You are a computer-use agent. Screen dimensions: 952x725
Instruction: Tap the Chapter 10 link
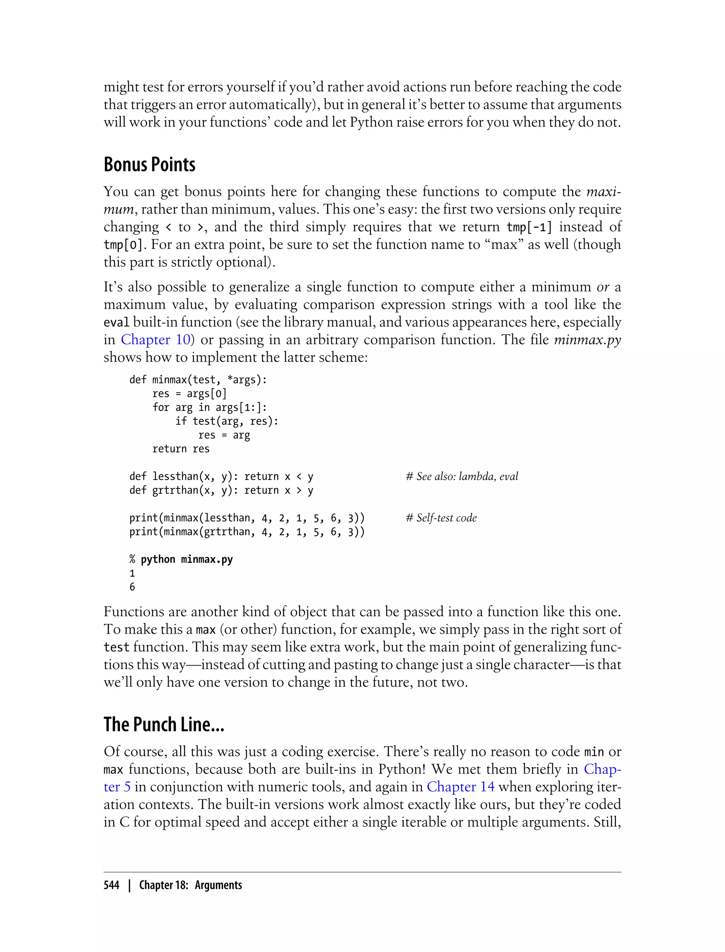[155, 340]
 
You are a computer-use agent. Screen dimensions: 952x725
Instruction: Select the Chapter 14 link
[461, 787]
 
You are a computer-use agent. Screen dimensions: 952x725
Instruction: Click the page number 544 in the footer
[112, 885]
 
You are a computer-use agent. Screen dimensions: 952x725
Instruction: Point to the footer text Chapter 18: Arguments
[190, 885]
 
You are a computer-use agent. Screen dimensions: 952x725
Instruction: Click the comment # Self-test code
[441, 518]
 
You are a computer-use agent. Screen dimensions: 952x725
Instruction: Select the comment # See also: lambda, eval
[462, 477]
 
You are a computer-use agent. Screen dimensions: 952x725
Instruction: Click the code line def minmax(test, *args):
[198, 380]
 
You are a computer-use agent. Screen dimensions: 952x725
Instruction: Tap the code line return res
[181, 449]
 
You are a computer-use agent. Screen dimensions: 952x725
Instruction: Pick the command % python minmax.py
[181, 560]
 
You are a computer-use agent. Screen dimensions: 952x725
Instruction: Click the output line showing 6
[132, 587]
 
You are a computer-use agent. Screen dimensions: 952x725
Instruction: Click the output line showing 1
[132, 573]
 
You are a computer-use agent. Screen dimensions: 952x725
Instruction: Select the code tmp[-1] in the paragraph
[529, 227]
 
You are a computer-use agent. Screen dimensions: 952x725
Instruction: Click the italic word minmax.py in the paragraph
[587, 340]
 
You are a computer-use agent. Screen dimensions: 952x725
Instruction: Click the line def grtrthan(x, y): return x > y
[221, 491]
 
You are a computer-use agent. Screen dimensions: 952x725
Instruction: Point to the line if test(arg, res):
[227, 421]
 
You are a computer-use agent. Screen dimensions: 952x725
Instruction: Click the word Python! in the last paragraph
[402, 769]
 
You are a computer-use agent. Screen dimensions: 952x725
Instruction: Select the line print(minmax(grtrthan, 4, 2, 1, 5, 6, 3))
[247, 532]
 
